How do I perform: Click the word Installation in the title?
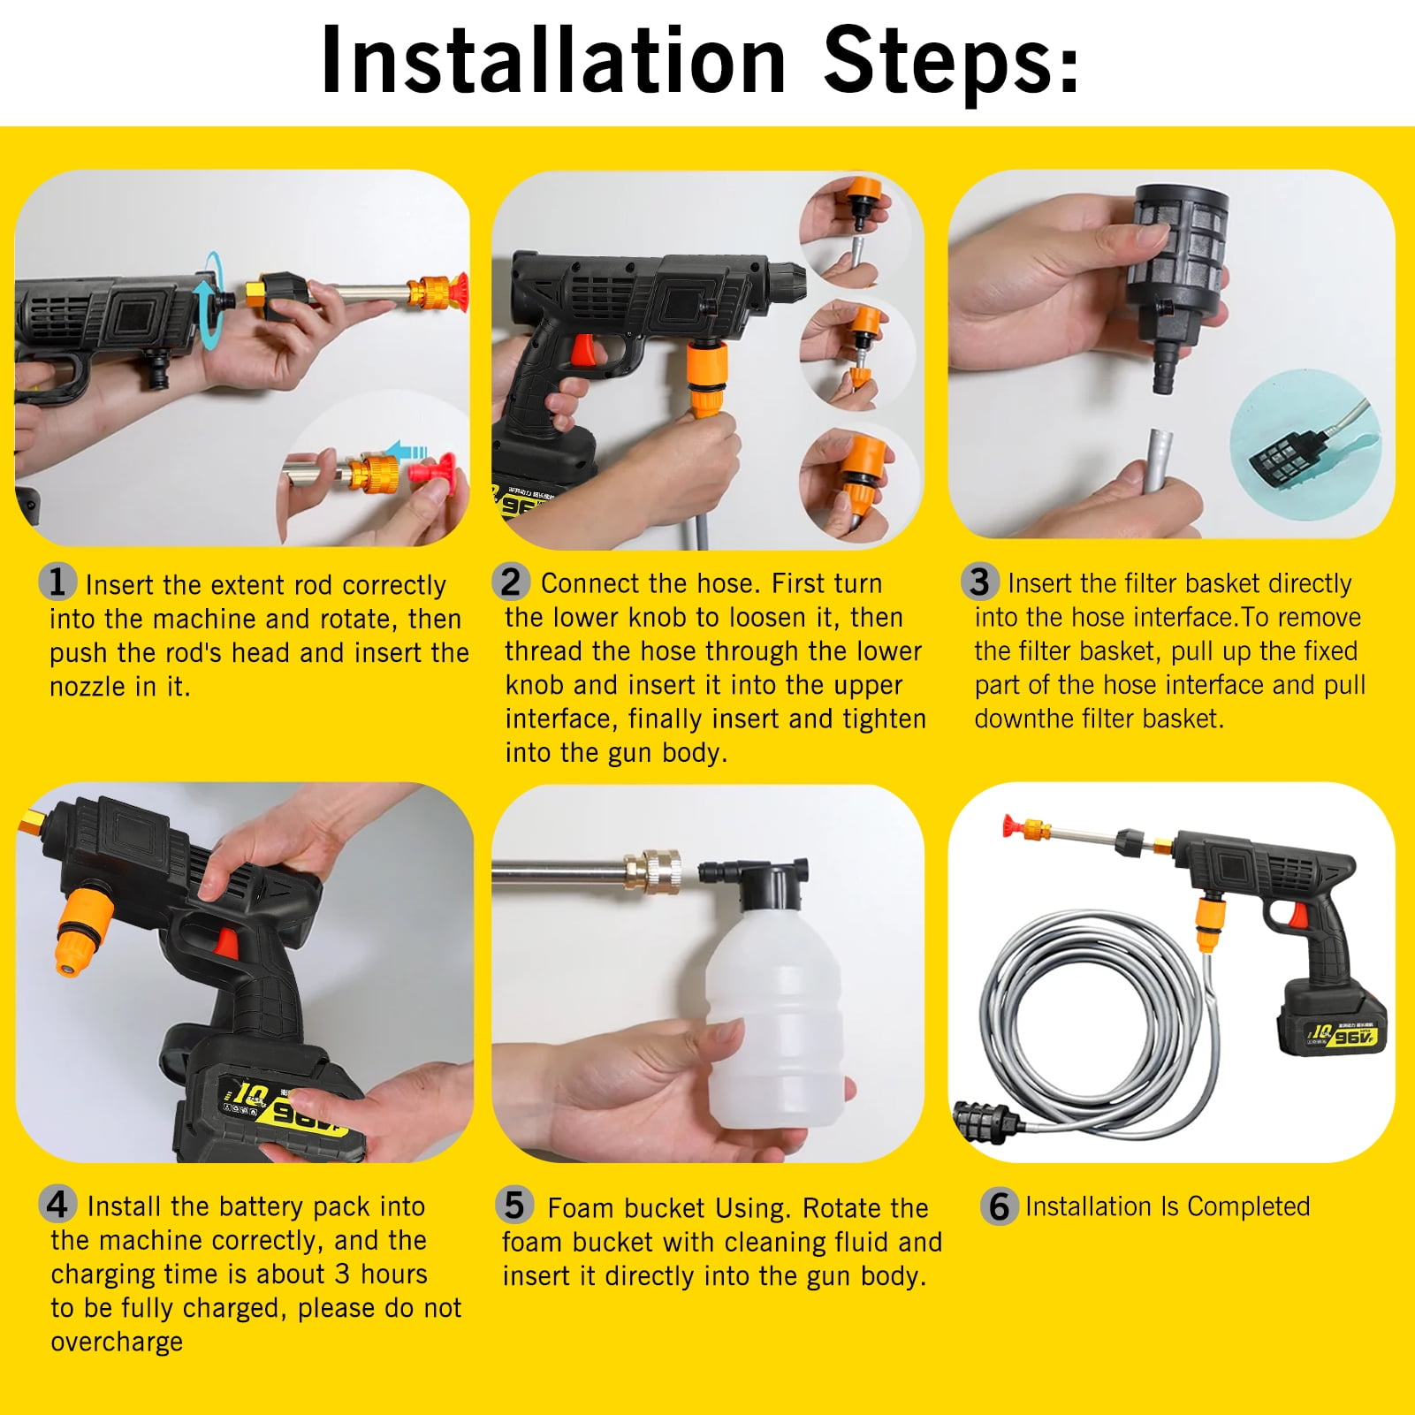[x=553, y=60]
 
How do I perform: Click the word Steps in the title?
[x=950, y=60]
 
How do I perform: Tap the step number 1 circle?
[x=57, y=582]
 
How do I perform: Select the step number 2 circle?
[x=511, y=582]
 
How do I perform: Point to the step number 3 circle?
[x=979, y=582]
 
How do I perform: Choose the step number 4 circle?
[x=57, y=1205]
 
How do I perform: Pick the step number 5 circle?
[x=514, y=1206]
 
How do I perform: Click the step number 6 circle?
[x=999, y=1206]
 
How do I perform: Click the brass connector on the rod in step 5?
[x=651, y=871]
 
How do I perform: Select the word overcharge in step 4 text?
[x=117, y=1342]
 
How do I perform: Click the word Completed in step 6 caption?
[x=1248, y=1206]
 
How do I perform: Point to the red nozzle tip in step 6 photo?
[x=1010, y=829]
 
